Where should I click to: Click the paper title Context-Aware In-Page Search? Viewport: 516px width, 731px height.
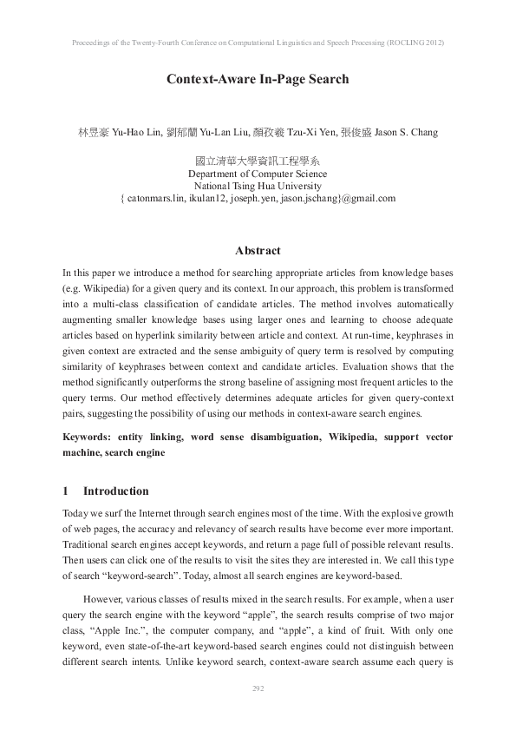point(258,79)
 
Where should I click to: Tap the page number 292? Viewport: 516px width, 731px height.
point(258,688)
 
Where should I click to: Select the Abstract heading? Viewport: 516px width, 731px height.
point(258,251)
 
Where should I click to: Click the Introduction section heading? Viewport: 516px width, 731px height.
point(116,491)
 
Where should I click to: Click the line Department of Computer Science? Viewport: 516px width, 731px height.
point(258,174)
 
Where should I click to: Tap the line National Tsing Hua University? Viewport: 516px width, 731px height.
point(258,186)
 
